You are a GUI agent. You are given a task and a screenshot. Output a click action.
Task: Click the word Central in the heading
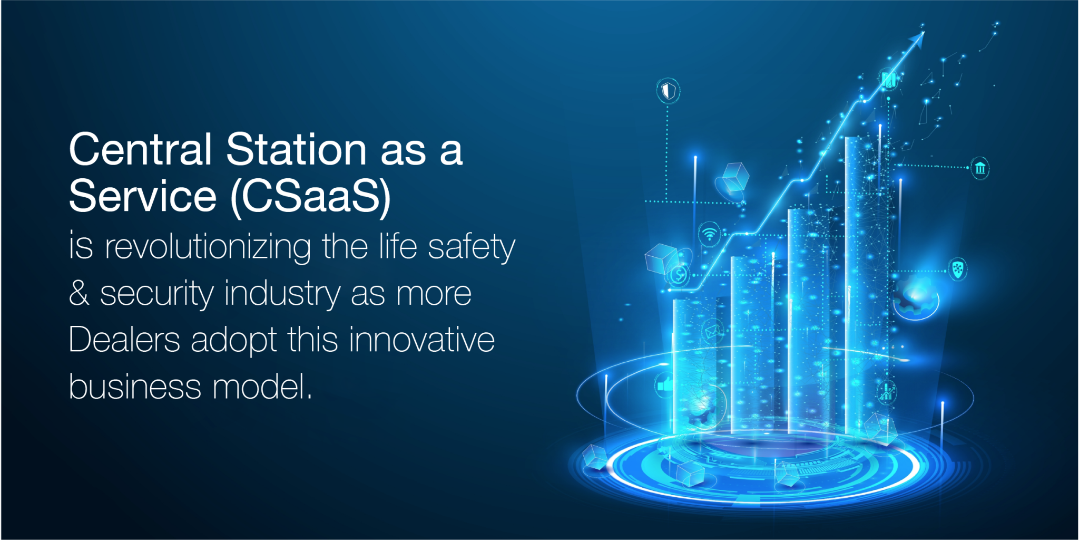pyautogui.click(x=140, y=150)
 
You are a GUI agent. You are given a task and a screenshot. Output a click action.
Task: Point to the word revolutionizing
pyautogui.click(x=208, y=247)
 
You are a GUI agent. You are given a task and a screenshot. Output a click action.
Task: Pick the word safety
pyautogui.click(x=471, y=247)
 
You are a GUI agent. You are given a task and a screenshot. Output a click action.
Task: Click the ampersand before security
pyautogui.click(x=79, y=293)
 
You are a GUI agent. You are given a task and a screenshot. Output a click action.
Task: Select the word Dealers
pyautogui.click(x=124, y=340)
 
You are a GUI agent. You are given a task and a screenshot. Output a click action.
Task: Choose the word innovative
pyautogui.click(x=421, y=340)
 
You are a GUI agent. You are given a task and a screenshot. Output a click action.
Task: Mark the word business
pyautogui.click(x=135, y=387)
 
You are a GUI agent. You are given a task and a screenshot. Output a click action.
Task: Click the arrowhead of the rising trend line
pyautogui.click(x=918, y=38)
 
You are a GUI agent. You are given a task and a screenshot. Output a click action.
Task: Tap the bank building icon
pyautogui.click(x=980, y=168)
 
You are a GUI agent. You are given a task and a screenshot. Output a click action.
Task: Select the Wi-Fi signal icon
pyautogui.click(x=710, y=234)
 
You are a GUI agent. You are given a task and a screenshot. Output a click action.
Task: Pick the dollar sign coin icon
pyautogui.click(x=679, y=274)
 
